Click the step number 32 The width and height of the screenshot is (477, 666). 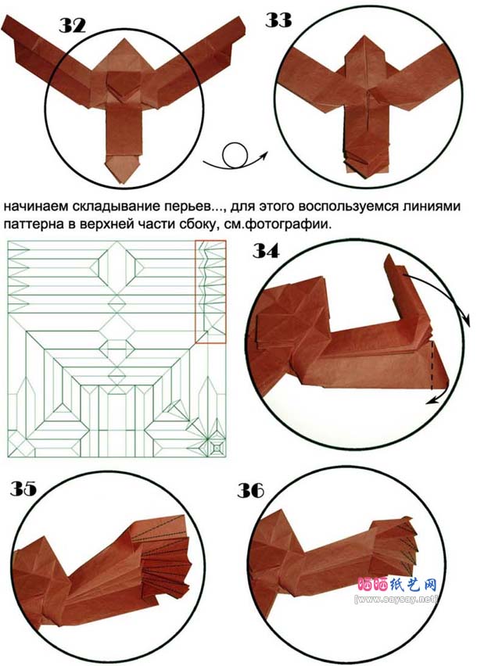[x=72, y=26]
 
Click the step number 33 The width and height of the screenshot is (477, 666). [x=278, y=20]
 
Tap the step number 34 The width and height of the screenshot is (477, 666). [x=266, y=251]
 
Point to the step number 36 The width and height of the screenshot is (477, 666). [x=250, y=491]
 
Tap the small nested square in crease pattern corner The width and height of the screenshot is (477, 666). [x=217, y=448]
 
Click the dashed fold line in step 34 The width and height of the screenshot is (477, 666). [x=432, y=365]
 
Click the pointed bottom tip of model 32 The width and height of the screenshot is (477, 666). [x=121, y=184]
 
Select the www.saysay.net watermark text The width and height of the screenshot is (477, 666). [x=396, y=600]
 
